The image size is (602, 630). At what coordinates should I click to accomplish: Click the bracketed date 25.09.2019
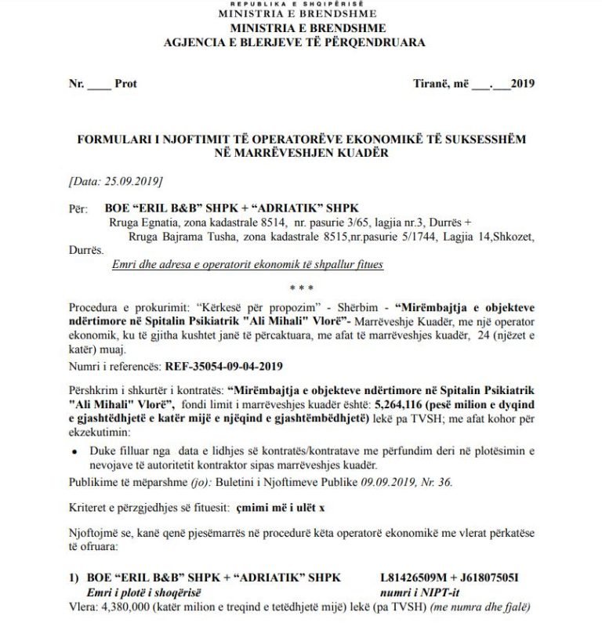point(115,181)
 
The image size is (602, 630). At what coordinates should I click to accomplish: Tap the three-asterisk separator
point(300,288)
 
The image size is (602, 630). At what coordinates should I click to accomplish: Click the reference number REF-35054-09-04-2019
point(223,365)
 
